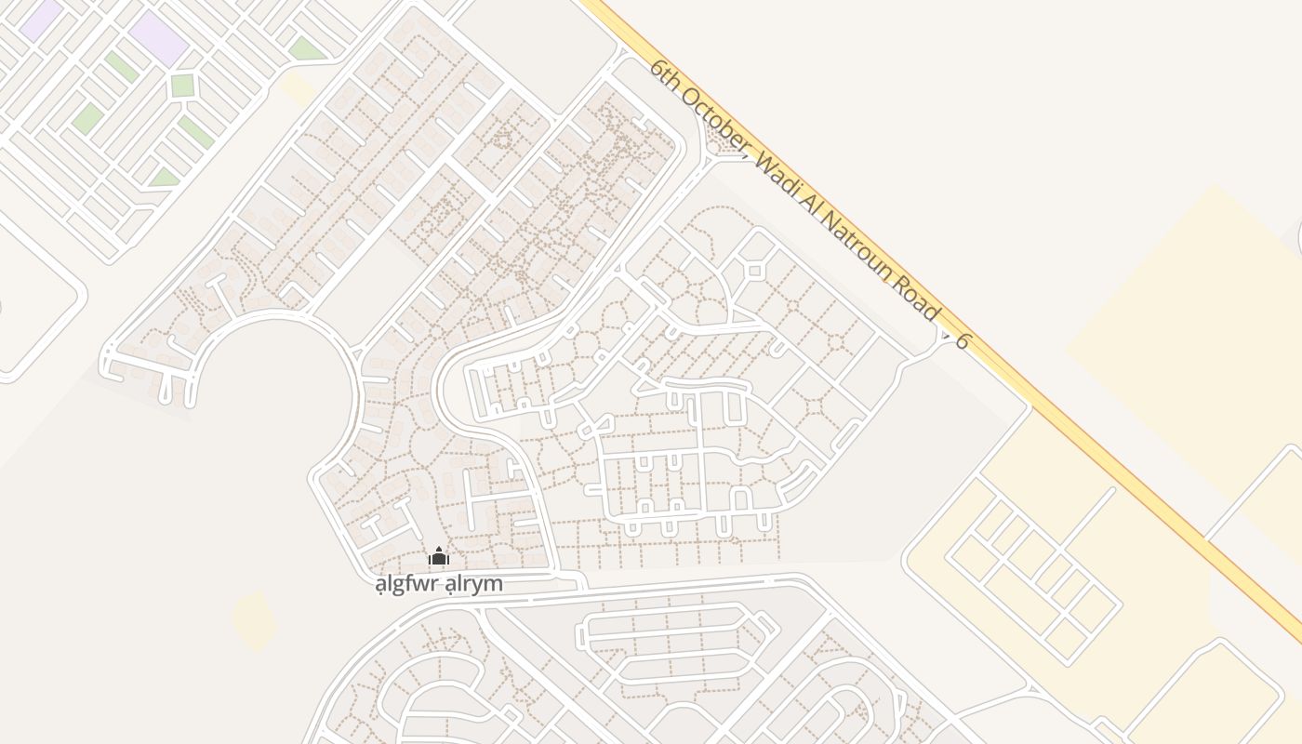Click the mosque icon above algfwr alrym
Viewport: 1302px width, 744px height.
coord(438,557)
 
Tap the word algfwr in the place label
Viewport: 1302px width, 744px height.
coord(405,584)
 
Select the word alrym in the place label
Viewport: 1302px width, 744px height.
coord(473,584)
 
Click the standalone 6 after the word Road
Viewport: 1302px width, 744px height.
coord(963,341)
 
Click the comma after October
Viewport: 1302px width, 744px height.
coord(747,155)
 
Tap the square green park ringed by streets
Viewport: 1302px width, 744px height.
coord(182,85)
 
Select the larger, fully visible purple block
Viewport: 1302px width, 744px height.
coord(158,37)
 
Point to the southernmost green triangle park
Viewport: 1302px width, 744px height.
coord(165,177)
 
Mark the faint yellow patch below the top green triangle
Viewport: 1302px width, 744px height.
coord(298,89)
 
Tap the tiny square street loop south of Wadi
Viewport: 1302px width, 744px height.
coord(754,271)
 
